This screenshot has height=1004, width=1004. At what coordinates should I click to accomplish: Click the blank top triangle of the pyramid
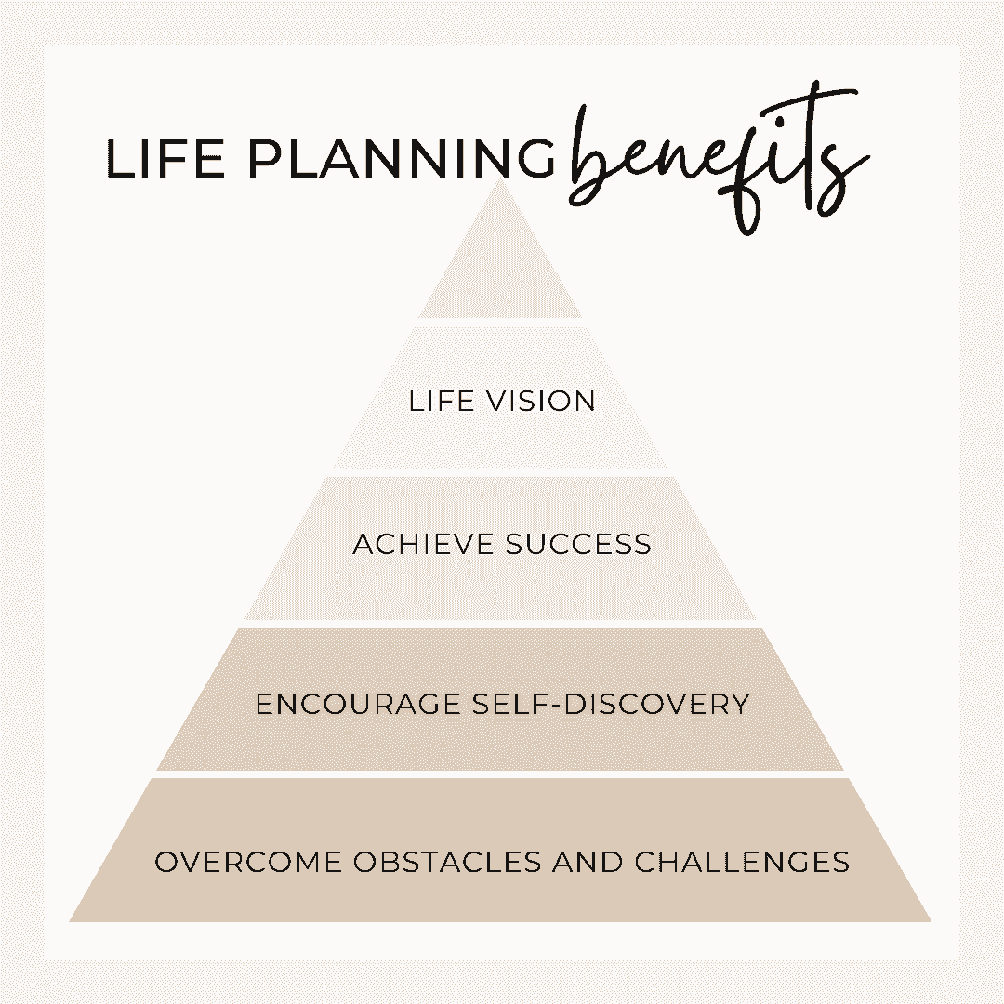coord(500,262)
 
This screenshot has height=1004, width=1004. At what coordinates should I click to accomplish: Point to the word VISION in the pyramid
coord(541,402)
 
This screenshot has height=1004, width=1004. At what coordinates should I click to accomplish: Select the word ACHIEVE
coord(423,545)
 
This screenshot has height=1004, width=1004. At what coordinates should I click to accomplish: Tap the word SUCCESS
coord(578,545)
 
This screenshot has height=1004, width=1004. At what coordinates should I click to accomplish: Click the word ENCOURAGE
coord(359,705)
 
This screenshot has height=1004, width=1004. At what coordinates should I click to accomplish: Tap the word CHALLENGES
coord(742,862)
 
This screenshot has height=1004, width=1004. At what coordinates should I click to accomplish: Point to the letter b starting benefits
coord(589,153)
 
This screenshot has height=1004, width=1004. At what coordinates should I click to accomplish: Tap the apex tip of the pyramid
coord(501,178)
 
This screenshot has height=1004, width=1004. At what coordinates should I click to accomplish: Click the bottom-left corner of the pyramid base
coord(69,921)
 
